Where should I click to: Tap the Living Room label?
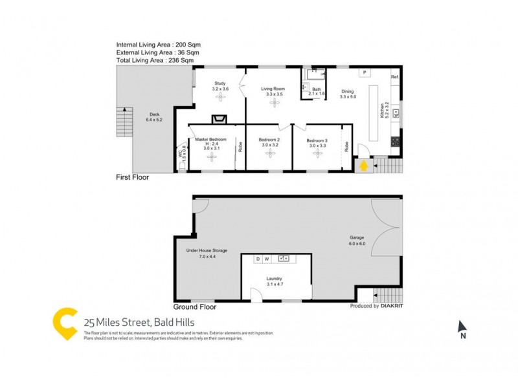[x=273, y=89]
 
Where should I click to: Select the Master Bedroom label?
[x=211, y=139]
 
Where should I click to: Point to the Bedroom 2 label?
[x=269, y=140]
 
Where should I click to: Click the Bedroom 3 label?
[x=317, y=141]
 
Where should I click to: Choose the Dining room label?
[x=348, y=91]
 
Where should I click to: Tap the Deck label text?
[x=153, y=114]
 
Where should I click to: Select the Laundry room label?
[x=275, y=279]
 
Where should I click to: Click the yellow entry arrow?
[x=364, y=166]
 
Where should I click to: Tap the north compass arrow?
[x=462, y=327]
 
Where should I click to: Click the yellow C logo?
[x=65, y=323]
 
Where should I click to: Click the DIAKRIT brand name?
[x=395, y=306]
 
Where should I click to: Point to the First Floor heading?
[x=132, y=177]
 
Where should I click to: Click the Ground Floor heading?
[x=195, y=307]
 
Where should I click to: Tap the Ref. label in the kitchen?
[x=394, y=78]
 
